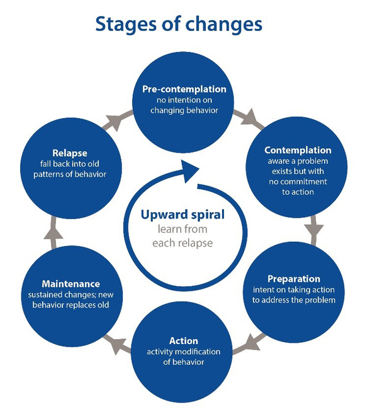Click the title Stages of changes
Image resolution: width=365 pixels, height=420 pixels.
[178, 24]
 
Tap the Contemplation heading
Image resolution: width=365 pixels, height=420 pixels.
[297, 151]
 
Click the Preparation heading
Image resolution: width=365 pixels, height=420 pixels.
[293, 278]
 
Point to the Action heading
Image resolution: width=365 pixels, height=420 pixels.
[183, 341]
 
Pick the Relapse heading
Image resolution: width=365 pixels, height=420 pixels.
[69, 152]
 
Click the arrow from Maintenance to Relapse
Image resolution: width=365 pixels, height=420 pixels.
[53, 233]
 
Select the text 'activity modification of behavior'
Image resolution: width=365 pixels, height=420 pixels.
[183, 357]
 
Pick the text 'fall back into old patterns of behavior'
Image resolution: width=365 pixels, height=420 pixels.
[69, 169]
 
